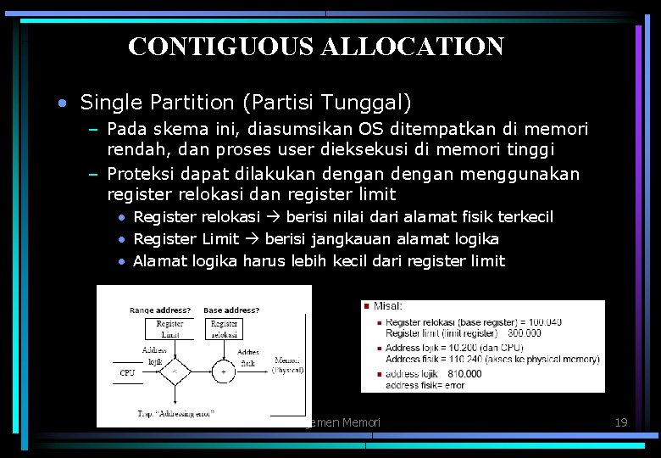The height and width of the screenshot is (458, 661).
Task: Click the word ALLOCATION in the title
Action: click(x=413, y=46)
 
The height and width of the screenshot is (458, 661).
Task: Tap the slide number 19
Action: click(x=620, y=422)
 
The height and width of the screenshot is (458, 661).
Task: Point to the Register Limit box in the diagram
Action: click(x=170, y=328)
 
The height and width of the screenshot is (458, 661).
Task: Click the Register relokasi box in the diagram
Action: click(x=225, y=328)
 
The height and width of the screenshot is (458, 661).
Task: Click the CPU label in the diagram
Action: click(x=127, y=372)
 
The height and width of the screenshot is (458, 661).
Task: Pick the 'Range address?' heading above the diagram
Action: click(x=159, y=310)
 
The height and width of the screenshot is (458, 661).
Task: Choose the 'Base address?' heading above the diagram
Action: click(x=231, y=310)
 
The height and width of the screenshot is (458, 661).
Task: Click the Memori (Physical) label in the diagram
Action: click(x=288, y=366)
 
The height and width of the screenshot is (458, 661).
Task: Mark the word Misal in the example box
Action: click(x=388, y=306)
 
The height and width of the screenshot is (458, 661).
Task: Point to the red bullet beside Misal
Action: click(x=366, y=305)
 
